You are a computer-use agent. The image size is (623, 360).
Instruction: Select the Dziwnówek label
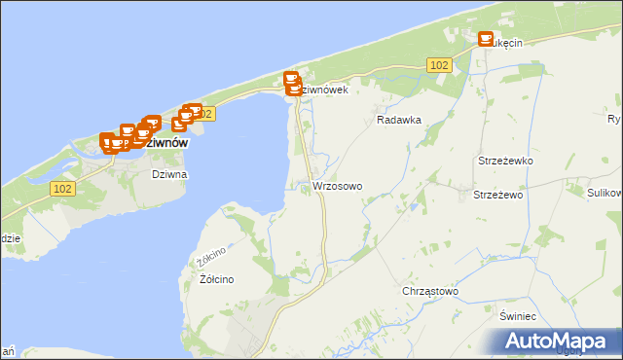pyautogui.click(x=321, y=90)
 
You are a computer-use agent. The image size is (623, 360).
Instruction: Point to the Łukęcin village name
pyautogui.click(x=506, y=43)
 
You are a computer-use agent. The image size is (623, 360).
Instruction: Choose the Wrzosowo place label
pyautogui.click(x=338, y=185)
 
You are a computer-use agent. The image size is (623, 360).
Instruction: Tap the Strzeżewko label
pyautogui.click(x=502, y=161)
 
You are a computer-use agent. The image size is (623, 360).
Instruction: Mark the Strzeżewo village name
pyautogui.click(x=498, y=195)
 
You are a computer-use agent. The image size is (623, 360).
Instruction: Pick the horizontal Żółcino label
pyautogui.click(x=216, y=279)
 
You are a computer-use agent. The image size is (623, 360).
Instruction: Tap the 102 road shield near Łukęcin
pyautogui.click(x=438, y=64)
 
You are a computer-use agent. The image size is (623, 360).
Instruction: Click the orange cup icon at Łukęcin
pyautogui.click(x=485, y=38)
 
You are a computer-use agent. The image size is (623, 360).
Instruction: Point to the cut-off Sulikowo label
pyautogui.click(x=605, y=193)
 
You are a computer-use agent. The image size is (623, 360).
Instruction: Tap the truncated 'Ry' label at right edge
pyautogui.click(x=614, y=120)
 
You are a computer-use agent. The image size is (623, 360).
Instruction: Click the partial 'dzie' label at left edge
pyautogui.click(x=10, y=237)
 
